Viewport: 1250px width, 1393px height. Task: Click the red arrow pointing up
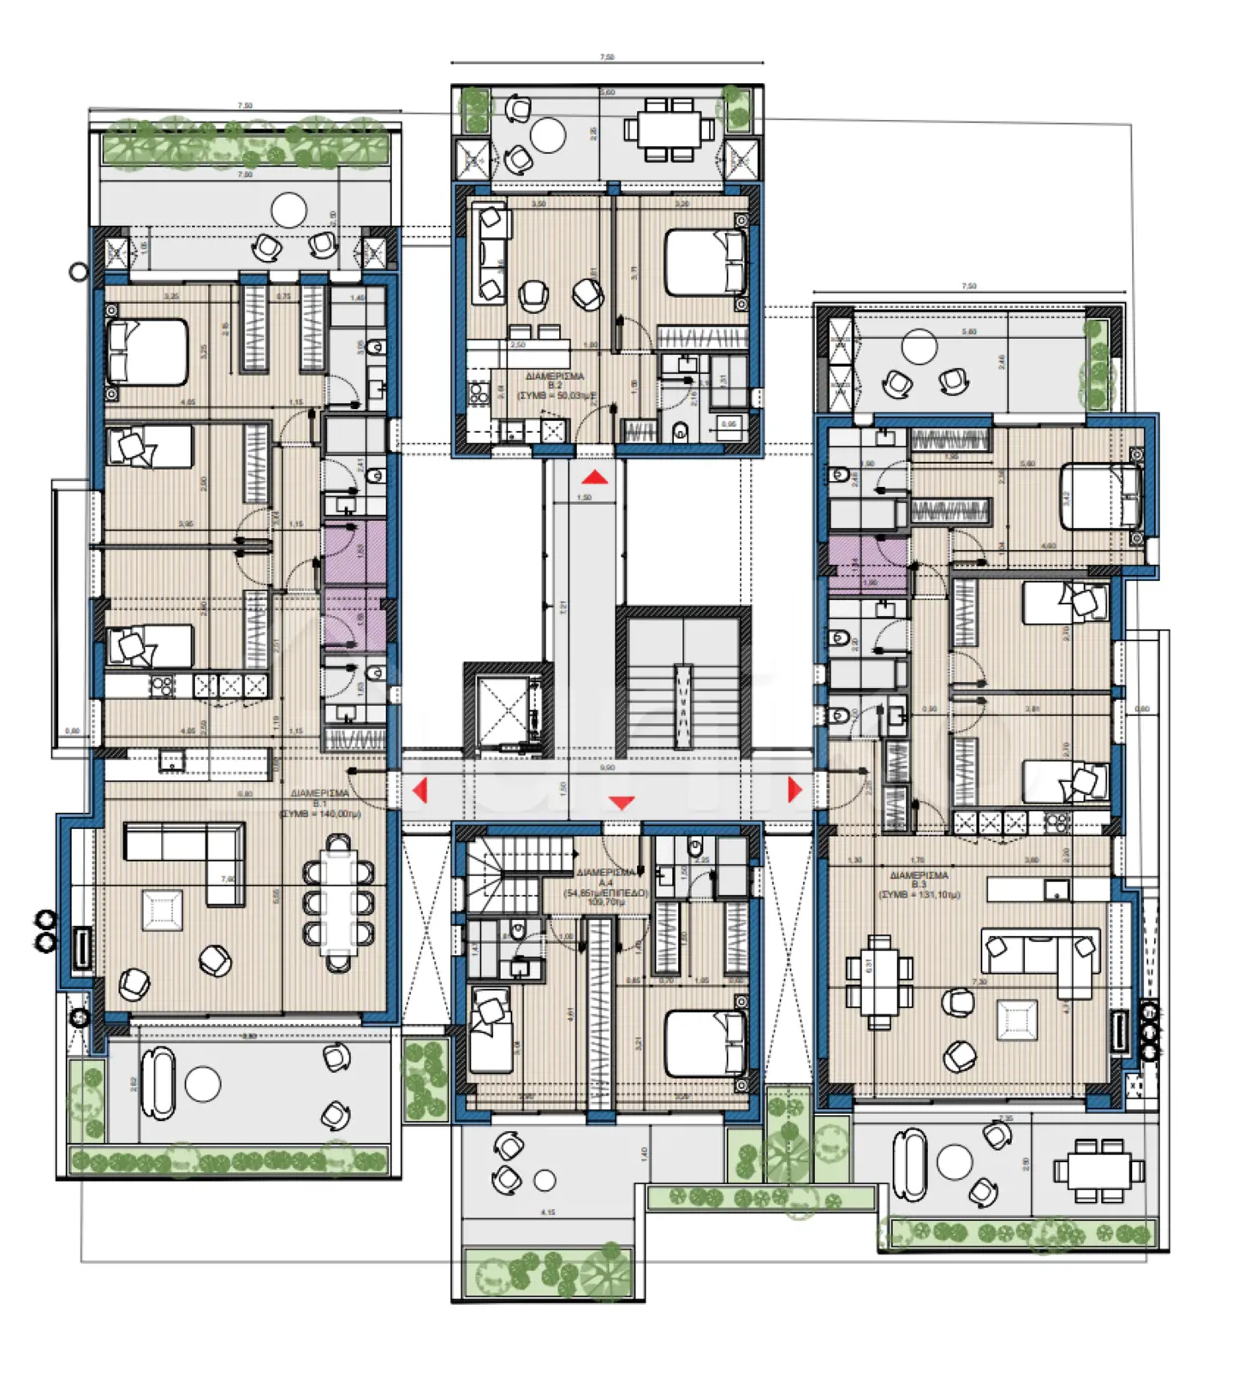595,477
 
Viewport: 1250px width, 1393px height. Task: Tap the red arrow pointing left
420,789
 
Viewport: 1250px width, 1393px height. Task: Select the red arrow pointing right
794,789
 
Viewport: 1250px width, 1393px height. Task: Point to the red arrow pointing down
622,803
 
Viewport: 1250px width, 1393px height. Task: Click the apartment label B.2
555,385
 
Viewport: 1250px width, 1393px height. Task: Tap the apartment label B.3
919,884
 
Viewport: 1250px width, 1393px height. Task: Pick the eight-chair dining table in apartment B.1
339,904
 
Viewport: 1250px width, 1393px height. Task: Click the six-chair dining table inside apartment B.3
879,981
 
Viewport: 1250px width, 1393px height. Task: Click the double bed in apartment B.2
704,262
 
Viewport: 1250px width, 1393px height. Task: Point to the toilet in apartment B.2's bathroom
681,430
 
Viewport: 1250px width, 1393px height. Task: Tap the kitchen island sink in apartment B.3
1056,891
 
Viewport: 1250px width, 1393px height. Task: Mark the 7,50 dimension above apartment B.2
606,56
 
